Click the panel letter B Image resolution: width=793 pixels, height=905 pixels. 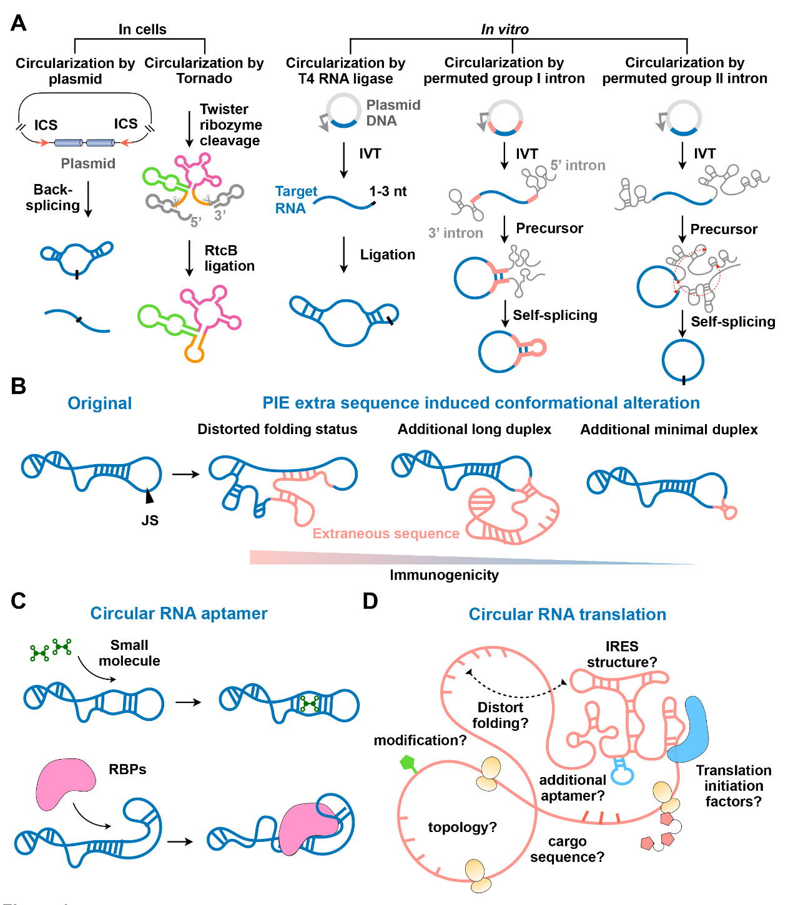pyautogui.click(x=19, y=386)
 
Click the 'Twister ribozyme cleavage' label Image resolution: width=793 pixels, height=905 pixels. pyautogui.click(x=230, y=125)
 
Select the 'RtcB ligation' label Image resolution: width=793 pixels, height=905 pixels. pyautogui.click(x=229, y=258)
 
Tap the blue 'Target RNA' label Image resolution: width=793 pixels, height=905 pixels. pyautogui.click(x=296, y=200)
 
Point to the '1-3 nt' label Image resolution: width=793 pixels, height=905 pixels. pyautogui.click(x=388, y=191)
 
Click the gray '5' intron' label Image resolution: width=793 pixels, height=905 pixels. pyautogui.click(x=578, y=165)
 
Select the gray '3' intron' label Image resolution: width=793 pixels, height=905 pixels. pyautogui.click(x=455, y=233)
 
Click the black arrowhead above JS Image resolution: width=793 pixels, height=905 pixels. pyautogui.click(x=149, y=496)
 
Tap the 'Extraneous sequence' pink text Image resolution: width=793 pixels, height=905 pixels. pyautogui.click(x=386, y=534)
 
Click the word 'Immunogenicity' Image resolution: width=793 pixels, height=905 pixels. pyautogui.click(x=444, y=575)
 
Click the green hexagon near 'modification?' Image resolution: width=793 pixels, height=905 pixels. pyautogui.click(x=408, y=762)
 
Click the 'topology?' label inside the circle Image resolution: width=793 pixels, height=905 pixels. pyautogui.click(x=462, y=828)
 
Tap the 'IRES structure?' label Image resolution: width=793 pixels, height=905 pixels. pyautogui.click(x=621, y=654)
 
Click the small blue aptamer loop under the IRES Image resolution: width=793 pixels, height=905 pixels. pyautogui.click(x=622, y=775)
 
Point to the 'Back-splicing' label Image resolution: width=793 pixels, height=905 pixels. pyautogui.click(x=53, y=197)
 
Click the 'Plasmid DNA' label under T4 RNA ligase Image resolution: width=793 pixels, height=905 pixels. pyautogui.click(x=393, y=113)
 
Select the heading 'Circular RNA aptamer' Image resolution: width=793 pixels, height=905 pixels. pyautogui.click(x=179, y=614)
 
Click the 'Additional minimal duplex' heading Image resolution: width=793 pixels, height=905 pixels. pyautogui.click(x=669, y=430)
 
